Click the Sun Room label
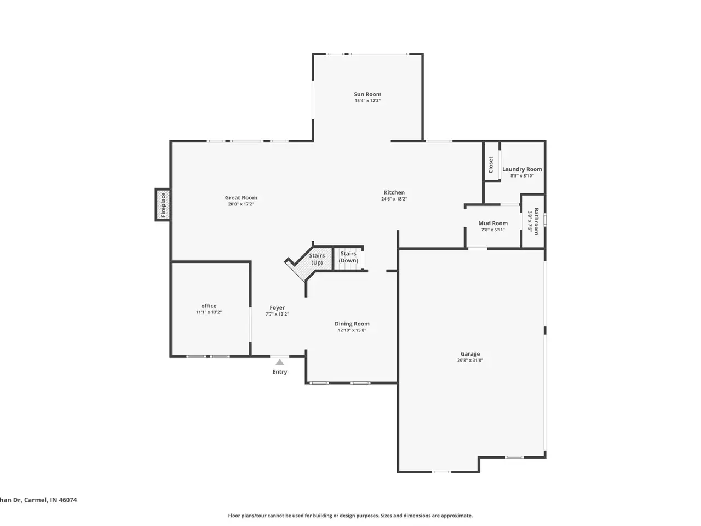pyautogui.click(x=367, y=94)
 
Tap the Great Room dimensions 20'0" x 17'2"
pyautogui.click(x=241, y=204)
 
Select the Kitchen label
pyautogui.click(x=394, y=192)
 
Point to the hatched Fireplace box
pyautogui.click(x=163, y=205)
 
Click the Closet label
pyautogui.click(x=491, y=164)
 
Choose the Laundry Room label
pyautogui.click(x=522, y=169)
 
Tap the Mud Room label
pyautogui.click(x=493, y=223)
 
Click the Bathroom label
pyautogui.click(x=536, y=221)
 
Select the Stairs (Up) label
pyautogui.click(x=317, y=259)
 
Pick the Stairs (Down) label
pyautogui.click(x=348, y=257)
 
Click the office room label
pyautogui.click(x=209, y=306)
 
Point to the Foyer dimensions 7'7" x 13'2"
pyautogui.click(x=277, y=314)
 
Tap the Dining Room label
pyautogui.click(x=352, y=324)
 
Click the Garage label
pyautogui.click(x=470, y=354)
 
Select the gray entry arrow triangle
pyautogui.click(x=280, y=362)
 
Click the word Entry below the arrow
pyautogui.click(x=280, y=371)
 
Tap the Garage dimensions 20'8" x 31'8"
pyautogui.click(x=470, y=360)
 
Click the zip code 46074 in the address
pyautogui.click(x=68, y=500)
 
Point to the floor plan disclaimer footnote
pyautogui.click(x=350, y=516)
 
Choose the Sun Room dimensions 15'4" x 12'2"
pyautogui.click(x=367, y=101)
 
